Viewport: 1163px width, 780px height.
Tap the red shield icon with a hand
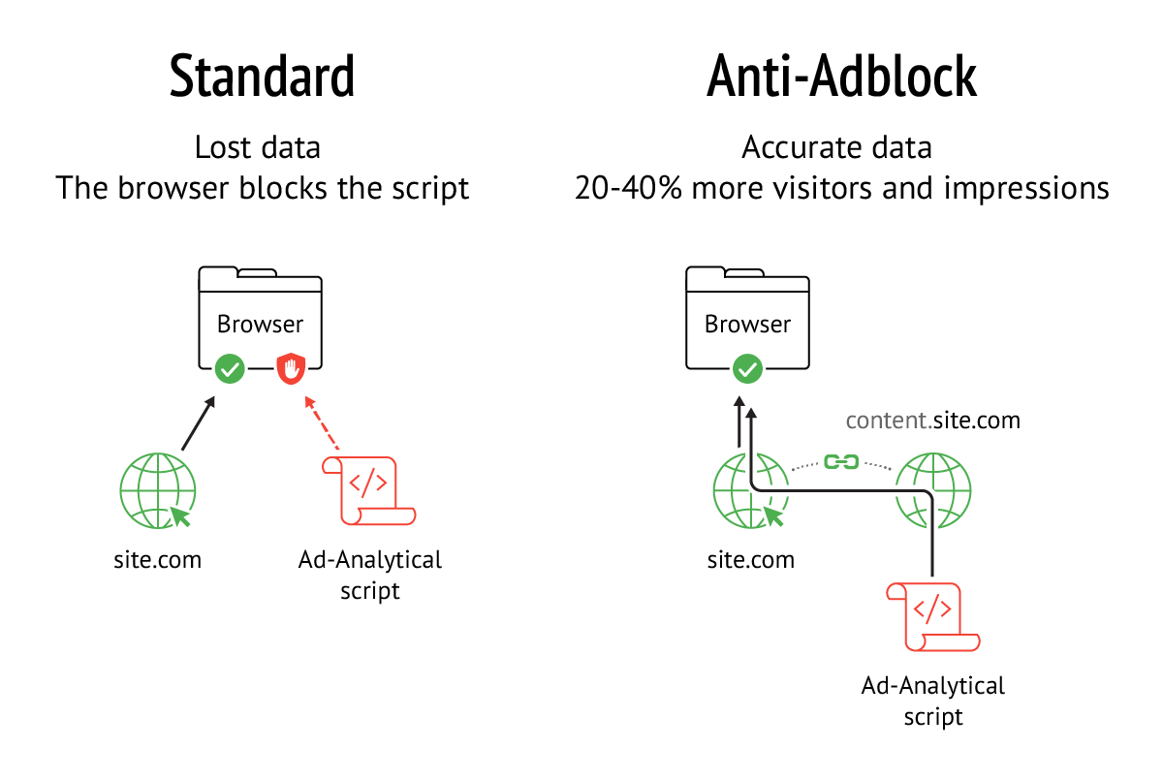(x=292, y=368)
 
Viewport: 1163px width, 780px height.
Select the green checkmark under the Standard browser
(x=230, y=368)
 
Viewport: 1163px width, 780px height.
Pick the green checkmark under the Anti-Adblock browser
(x=746, y=368)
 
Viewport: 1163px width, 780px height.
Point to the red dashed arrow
(x=322, y=422)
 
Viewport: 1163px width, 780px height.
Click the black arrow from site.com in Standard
(x=199, y=422)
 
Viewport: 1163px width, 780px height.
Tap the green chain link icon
(x=840, y=462)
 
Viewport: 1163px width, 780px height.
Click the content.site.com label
(x=932, y=421)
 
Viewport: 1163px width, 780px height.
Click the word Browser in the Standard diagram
(x=260, y=324)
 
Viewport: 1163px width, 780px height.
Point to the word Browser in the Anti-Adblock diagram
(x=747, y=324)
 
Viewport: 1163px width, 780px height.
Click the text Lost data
(x=257, y=148)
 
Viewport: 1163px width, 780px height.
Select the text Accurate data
(x=836, y=148)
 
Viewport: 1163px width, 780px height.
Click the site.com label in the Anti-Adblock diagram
(x=750, y=559)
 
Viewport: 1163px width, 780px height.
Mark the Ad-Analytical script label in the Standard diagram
(x=370, y=575)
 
